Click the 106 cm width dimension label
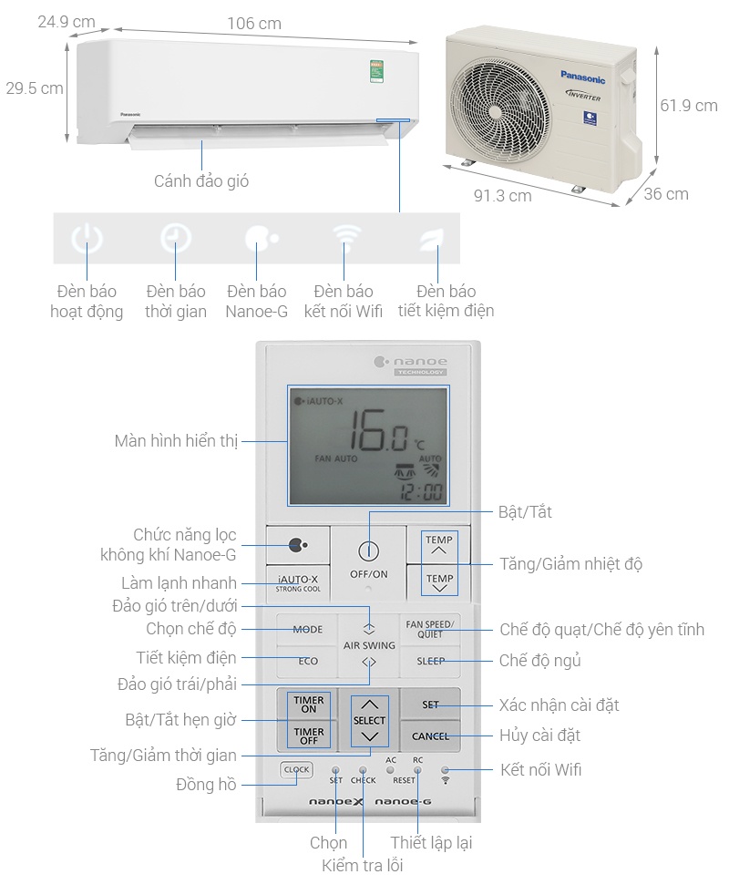[x=253, y=24]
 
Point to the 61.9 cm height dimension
[x=689, y=106]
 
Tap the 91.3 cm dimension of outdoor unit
[x=502, y=196]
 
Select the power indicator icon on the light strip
[x=87, y=240]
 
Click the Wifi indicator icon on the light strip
[x=344, y=240]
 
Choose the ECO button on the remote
[x=307, y=661]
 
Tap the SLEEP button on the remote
[x=430, y=661]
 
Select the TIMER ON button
[x=309, y=705]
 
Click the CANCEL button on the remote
[x=430, y=736]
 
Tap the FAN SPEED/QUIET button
[x=430, y=629]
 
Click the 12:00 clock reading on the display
[x=421, y=494]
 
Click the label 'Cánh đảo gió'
[x=201, y=181]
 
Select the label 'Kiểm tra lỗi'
[x=362, y=866]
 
